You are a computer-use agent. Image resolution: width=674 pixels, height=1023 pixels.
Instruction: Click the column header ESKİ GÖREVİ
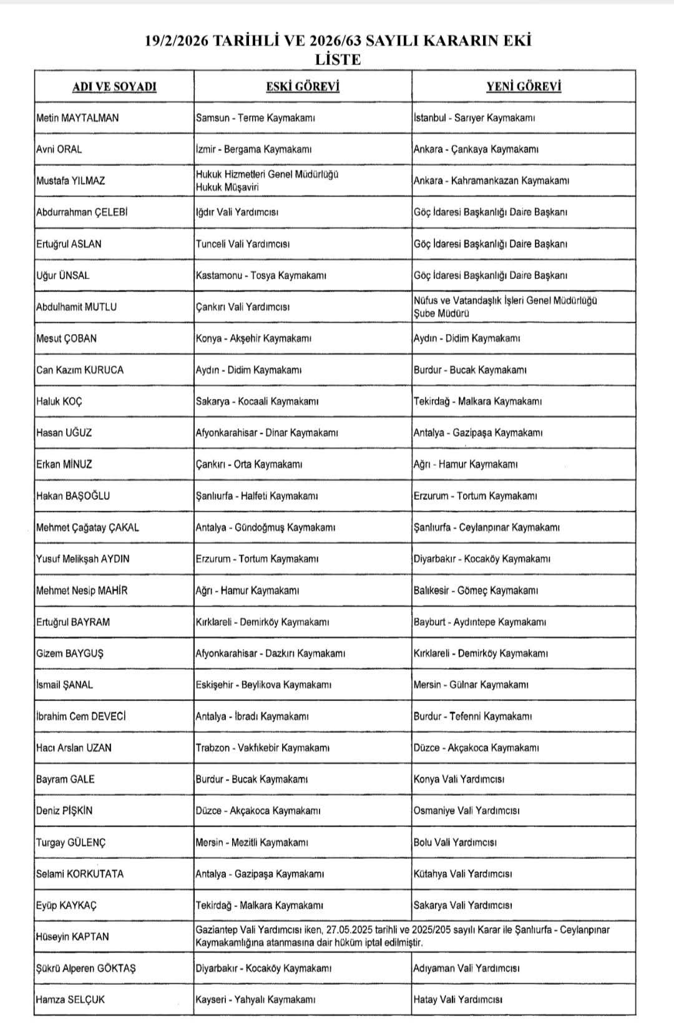point(303,86)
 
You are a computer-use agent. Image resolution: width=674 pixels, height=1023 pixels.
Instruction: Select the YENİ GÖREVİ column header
point(524,86)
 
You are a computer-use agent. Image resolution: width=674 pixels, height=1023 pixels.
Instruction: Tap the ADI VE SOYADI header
point(114,86)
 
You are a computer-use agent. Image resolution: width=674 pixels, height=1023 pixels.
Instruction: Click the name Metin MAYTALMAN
point(77,117)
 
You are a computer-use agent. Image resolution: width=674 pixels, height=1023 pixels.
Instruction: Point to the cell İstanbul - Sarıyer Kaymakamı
point(474,117)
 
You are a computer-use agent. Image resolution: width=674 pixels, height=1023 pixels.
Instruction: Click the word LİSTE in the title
point(338,60)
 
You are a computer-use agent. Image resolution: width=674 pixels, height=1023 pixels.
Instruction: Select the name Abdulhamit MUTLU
point(76,306)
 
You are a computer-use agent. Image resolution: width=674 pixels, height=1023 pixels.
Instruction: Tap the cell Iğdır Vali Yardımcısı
point(237,212)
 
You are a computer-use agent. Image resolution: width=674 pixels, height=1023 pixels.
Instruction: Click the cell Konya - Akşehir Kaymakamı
point(253,338)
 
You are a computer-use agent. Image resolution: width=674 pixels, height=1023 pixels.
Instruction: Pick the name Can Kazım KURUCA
point(80,370)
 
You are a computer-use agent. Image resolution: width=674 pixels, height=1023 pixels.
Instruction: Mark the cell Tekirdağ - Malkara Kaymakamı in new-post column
point(477,401)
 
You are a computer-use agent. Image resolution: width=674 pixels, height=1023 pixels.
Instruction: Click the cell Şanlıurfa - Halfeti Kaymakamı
point(256,496)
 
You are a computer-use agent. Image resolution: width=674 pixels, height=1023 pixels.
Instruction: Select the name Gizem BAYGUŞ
point(70,653)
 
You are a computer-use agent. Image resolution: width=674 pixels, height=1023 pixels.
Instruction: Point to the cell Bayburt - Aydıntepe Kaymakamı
point(479,622)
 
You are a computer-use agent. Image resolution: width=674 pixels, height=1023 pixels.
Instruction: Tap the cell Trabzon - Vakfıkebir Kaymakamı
point(262,748)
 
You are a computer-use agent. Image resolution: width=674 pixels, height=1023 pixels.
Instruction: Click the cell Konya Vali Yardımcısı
point(459,779)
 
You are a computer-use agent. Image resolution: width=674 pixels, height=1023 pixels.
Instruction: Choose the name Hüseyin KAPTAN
point(72,936)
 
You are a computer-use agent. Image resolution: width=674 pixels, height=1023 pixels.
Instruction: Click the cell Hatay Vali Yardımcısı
point(457,999)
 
